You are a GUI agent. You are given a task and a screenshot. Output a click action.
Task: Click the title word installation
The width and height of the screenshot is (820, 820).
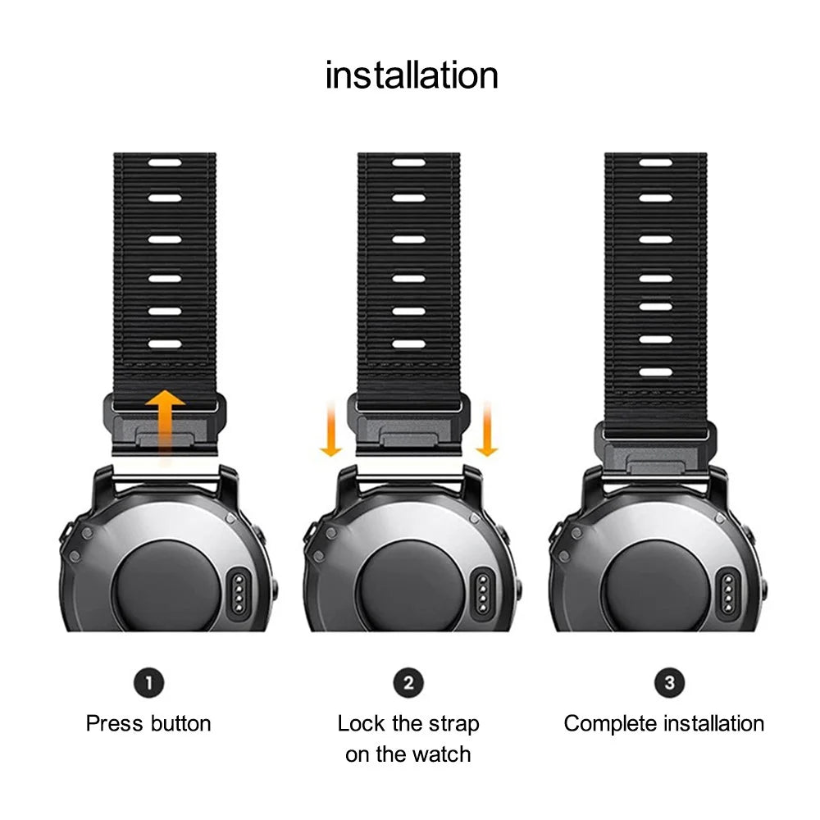(412, 75)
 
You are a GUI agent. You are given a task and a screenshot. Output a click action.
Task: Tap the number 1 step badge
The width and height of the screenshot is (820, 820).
(149, 682)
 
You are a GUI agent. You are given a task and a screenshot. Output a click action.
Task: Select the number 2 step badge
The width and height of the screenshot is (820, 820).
(408, 682)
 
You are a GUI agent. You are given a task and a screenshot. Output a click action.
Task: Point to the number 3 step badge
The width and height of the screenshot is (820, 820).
(669, 682)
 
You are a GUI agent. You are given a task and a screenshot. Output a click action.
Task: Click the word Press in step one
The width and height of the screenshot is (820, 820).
(114, 724)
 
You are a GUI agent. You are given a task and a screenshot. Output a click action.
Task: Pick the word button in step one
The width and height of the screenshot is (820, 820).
(181, 724)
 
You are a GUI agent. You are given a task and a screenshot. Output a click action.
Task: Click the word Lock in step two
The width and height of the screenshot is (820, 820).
(362, 724)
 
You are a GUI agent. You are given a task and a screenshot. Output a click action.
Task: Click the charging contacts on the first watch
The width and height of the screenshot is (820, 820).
(239, 593)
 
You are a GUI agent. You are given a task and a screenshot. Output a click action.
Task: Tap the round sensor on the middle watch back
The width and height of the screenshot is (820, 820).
(409, 585)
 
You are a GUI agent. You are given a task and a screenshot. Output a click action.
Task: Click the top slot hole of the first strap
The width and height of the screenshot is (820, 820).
(165, 162)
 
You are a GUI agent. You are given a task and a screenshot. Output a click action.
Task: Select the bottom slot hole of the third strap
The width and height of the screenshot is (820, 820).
(655, 373)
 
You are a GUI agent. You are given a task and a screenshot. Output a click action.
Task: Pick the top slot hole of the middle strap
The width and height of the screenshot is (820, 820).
(409, 162)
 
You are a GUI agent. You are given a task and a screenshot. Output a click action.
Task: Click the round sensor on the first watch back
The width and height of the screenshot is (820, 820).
(166, 585)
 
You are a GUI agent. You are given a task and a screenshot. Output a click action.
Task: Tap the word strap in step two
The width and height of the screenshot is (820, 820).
(454, 725)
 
